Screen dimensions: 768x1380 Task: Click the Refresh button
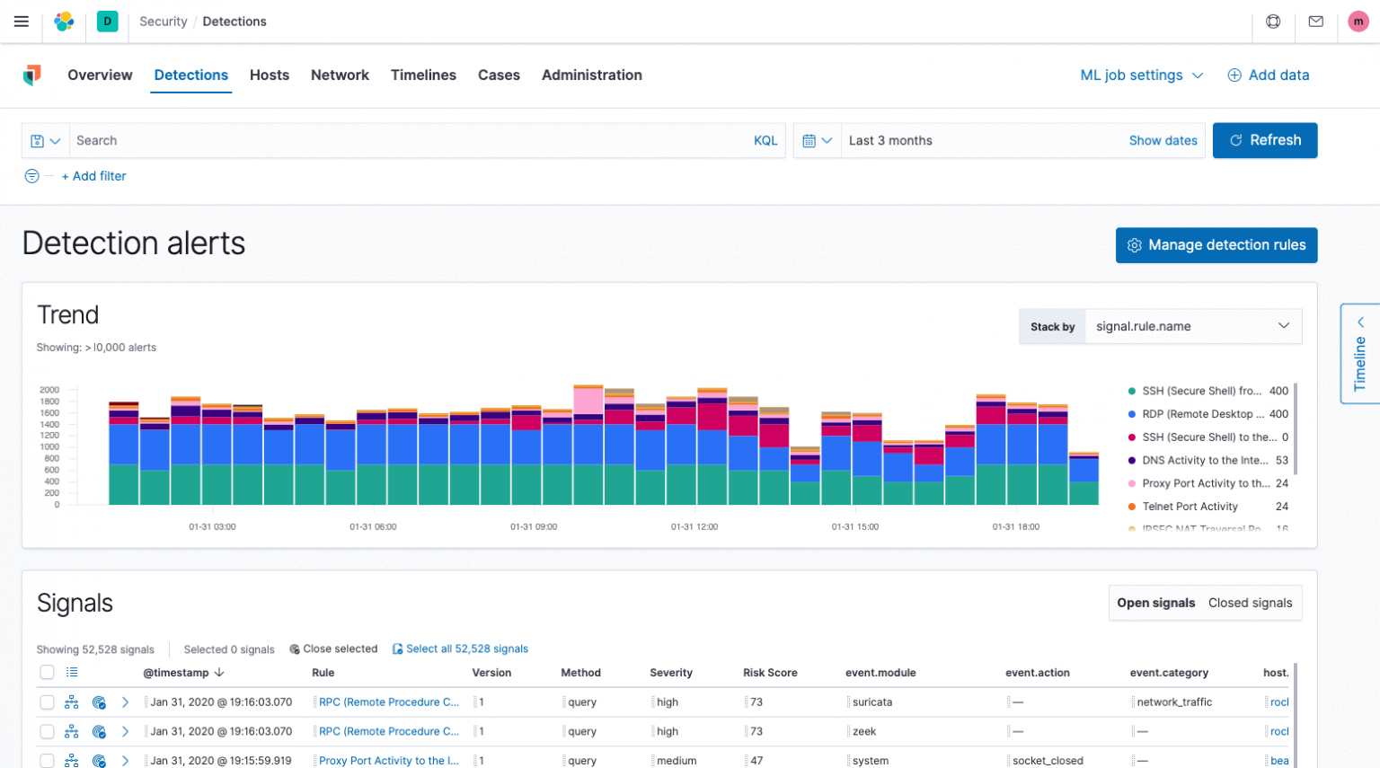(x=1264, y=140)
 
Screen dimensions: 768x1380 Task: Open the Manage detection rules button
(x=1216, y=245)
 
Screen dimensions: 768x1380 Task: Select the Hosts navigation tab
(x=270, y=75)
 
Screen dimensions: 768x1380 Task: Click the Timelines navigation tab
(x=423, y=75)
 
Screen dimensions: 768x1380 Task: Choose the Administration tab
(x=591, y=75)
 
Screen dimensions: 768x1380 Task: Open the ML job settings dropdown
(x=1141, y=75)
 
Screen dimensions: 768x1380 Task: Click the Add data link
(x=1269, y=75)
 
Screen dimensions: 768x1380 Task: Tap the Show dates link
(x=1163, y=141)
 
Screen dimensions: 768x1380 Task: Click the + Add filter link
(x=94, y=176)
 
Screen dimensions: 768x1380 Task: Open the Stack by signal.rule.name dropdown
(x=1192, y=327)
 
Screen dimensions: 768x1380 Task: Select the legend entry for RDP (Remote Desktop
(x=1202, y=414)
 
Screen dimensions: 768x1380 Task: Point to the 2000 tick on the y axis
(x=49, y=390)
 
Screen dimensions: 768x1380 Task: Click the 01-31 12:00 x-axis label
(x=694, y=527)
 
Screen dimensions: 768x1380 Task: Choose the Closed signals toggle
(x=1250, y=603)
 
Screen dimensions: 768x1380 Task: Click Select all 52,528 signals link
(x=466, y=649)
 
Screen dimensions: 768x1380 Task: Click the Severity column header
(x=671, y=673)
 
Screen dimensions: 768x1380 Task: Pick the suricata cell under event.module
(x=871, y=702)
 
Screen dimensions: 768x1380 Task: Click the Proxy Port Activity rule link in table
(x=388, y=761)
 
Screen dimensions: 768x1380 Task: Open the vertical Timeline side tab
(x=1359, y=354)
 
